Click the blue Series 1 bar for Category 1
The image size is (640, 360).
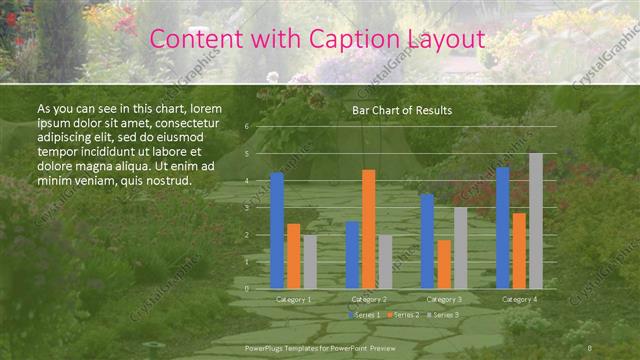[277, 231]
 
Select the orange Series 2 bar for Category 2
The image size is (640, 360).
[369, 229]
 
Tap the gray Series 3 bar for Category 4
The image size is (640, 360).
[536, 221]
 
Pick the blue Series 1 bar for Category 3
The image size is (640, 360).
[428, 241]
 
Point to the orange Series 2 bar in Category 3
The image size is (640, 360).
[444, 264]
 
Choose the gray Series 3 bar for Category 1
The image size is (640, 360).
[310, 262]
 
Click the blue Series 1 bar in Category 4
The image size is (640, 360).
[503, 228]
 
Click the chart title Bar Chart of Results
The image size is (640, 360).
[402, 110]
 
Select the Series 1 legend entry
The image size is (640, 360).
[363, 315]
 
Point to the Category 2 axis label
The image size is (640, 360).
[369, 299]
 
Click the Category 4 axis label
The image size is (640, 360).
[519, 299]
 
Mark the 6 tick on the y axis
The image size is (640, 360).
[246, 127]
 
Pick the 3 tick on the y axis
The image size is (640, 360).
[246, 208]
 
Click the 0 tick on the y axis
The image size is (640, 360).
[246, 289]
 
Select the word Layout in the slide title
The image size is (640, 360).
[445, 39]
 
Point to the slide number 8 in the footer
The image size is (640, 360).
[590, 347]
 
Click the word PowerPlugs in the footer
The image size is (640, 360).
[265, 347]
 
